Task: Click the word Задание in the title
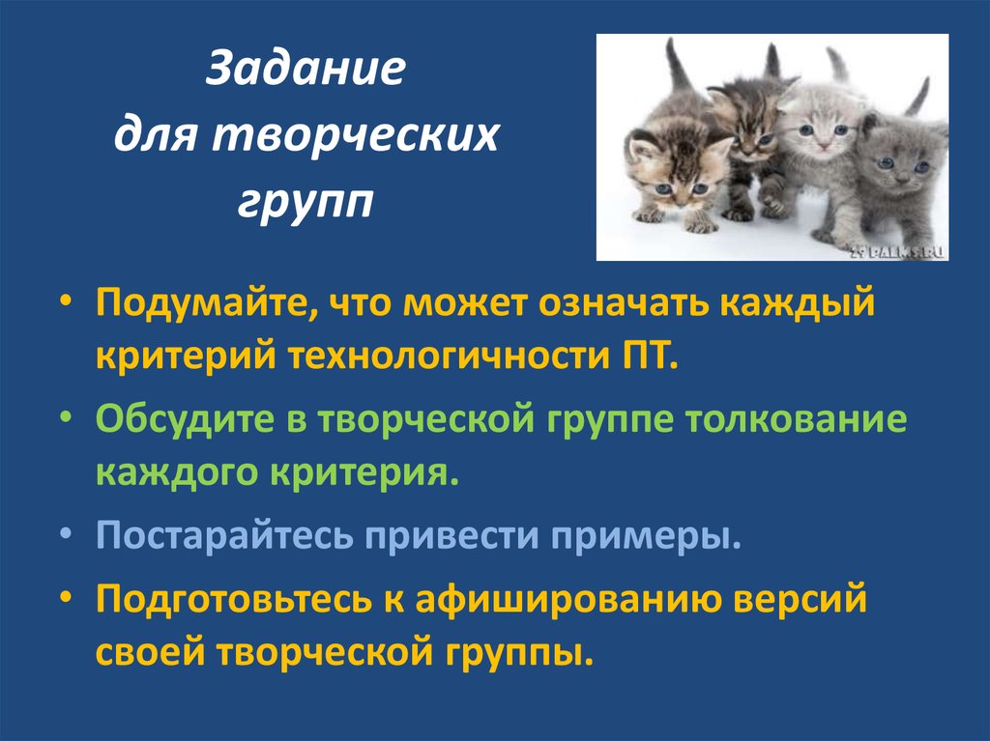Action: [305, 72]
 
